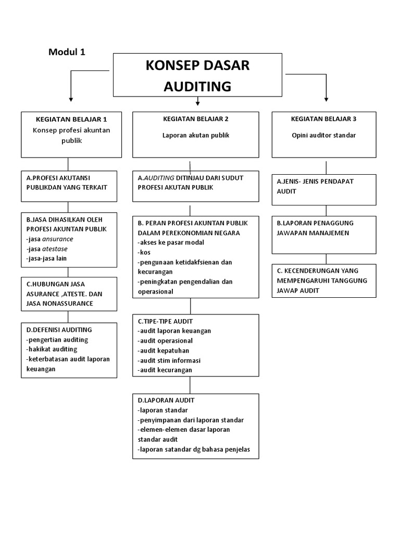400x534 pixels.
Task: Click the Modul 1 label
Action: (67, 52)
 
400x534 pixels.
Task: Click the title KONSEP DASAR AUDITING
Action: (197, 76)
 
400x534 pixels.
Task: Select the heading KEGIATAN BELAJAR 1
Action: (71, 119)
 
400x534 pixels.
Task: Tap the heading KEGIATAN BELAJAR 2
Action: (195, 118)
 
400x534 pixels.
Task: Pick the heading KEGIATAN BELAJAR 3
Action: (323, 118)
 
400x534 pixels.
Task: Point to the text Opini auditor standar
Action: (323, 135)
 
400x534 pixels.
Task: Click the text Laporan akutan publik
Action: (195, 135)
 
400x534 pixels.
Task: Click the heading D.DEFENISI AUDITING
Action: (59, 330)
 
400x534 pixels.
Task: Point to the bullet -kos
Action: (144, 252)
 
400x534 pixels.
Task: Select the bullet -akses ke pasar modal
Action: (171, 242)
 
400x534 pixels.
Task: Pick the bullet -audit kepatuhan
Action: (164, 350)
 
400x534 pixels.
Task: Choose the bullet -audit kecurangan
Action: (165, 370)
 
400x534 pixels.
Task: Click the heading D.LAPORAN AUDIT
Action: (166, 400)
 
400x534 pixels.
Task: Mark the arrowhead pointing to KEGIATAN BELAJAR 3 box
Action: (327, 99)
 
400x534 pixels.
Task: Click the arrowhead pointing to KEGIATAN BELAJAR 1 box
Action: (71, 99)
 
